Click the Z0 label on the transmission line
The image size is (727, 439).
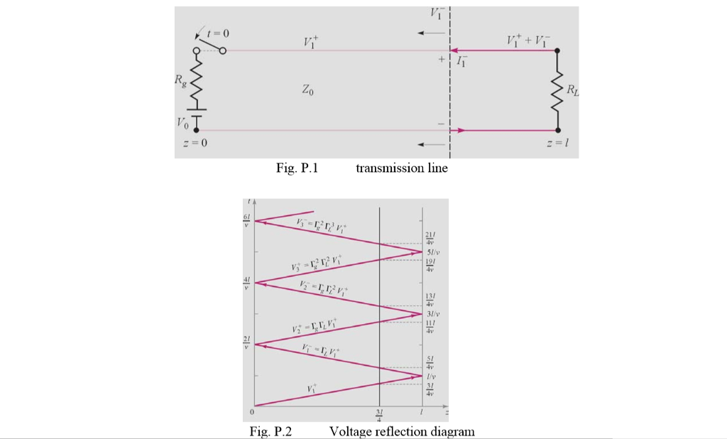point(307,91)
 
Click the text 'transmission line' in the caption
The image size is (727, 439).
point(402,168)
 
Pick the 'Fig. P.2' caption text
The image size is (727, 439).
point(273,432)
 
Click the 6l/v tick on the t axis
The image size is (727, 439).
point(246,222)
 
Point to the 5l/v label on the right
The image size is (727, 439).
point(432,252)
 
